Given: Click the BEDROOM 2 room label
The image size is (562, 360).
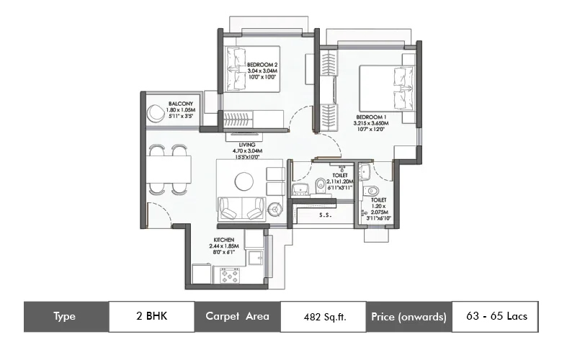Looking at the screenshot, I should (x=262, y=65).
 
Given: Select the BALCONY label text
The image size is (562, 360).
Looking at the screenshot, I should (x=180, y=104).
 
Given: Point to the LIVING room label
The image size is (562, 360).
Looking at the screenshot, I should (x=249, y=145).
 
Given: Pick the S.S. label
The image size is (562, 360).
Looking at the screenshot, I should (x=325, y=215).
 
